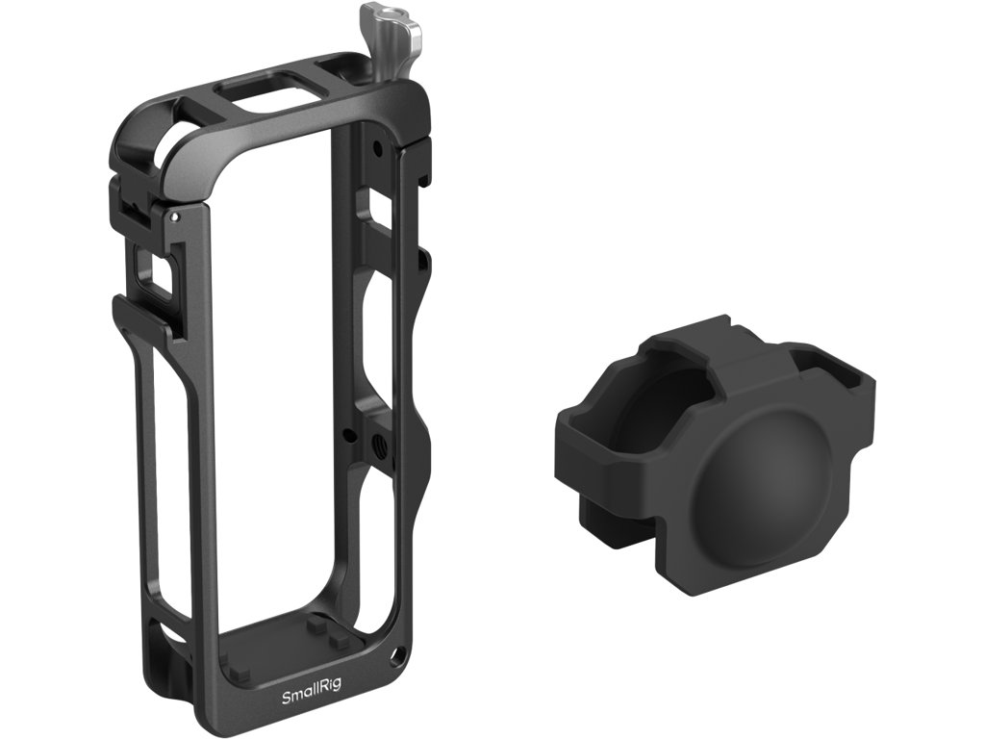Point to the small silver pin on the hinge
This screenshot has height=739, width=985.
pos(175,217)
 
